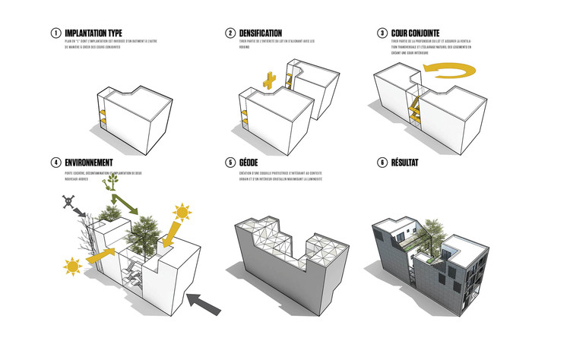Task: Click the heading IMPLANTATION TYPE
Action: tap(93, 33)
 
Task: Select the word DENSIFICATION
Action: tap(260, 33)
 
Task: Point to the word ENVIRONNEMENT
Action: tap(89, 163)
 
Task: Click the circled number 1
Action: tap(55, 33)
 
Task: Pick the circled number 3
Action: tap(382, 33)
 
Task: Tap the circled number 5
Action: tap(230, 163)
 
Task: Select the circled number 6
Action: tap(382, 163)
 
